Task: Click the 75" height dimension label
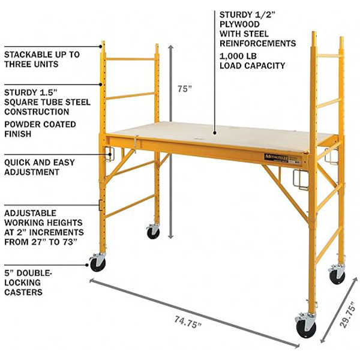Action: [x=185, y=89]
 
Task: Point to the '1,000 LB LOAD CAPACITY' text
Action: [x=251, y=61]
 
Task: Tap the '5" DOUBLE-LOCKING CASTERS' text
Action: [x=30, y=282]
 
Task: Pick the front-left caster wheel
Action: [x=97, y=262]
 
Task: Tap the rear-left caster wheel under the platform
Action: [x=153, y=232]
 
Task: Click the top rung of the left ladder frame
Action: [x=131, y=59]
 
